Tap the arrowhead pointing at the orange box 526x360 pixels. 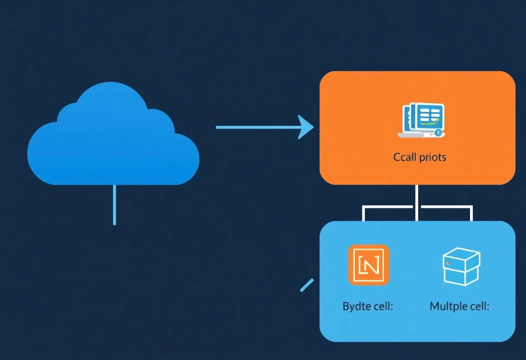coord(306,127)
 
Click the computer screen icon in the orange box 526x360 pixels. coord(422,120)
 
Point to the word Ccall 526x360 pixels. coord(404,157)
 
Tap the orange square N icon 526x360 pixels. coord(369,265)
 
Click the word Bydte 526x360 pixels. coord(357,307)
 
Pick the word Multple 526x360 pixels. coord(449,307)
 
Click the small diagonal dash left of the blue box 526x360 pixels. coord(307,285)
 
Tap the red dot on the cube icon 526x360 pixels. coord(449,263)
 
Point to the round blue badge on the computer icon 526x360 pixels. coord(438,132)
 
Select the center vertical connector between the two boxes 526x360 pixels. coord(416,202)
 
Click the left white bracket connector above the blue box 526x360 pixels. coord(381,208)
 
